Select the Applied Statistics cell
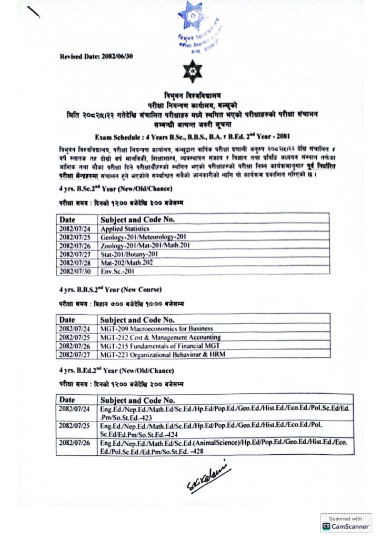[x=126, y=229]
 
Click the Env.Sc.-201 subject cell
[x=118, y=271]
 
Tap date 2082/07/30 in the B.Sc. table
[x=76, y=271]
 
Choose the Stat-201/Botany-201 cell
[x=129, y=254]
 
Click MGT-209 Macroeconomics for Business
[x=157, y=328]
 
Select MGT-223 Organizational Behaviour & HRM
[x=162, y=354]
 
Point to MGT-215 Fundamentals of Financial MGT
[x=159, y=345]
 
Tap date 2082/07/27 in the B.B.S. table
[x=76, y=354]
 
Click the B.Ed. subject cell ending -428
[x=225, y=447]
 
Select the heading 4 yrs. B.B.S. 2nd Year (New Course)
[x=110, y=290]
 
